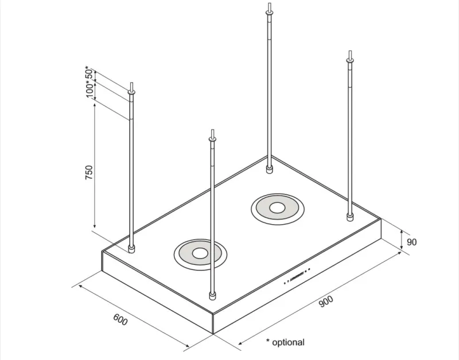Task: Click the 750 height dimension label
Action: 89,173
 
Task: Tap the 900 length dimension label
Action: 326,302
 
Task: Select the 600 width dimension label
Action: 120,319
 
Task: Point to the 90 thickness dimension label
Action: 411,242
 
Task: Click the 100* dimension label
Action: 91,89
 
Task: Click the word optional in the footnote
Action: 288,342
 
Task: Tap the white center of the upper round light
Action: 277,208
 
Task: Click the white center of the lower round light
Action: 200,253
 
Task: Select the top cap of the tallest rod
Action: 269,12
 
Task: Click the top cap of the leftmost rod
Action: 131,92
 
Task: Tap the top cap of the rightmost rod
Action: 350,61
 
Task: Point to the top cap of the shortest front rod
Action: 212,139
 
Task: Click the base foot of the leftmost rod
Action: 131,249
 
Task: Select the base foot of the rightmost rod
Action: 349,217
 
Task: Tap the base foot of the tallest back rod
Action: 269,169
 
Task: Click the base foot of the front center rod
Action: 212,296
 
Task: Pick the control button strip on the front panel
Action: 297,276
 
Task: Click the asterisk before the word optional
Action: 268,341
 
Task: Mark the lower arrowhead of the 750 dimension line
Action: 94,225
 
